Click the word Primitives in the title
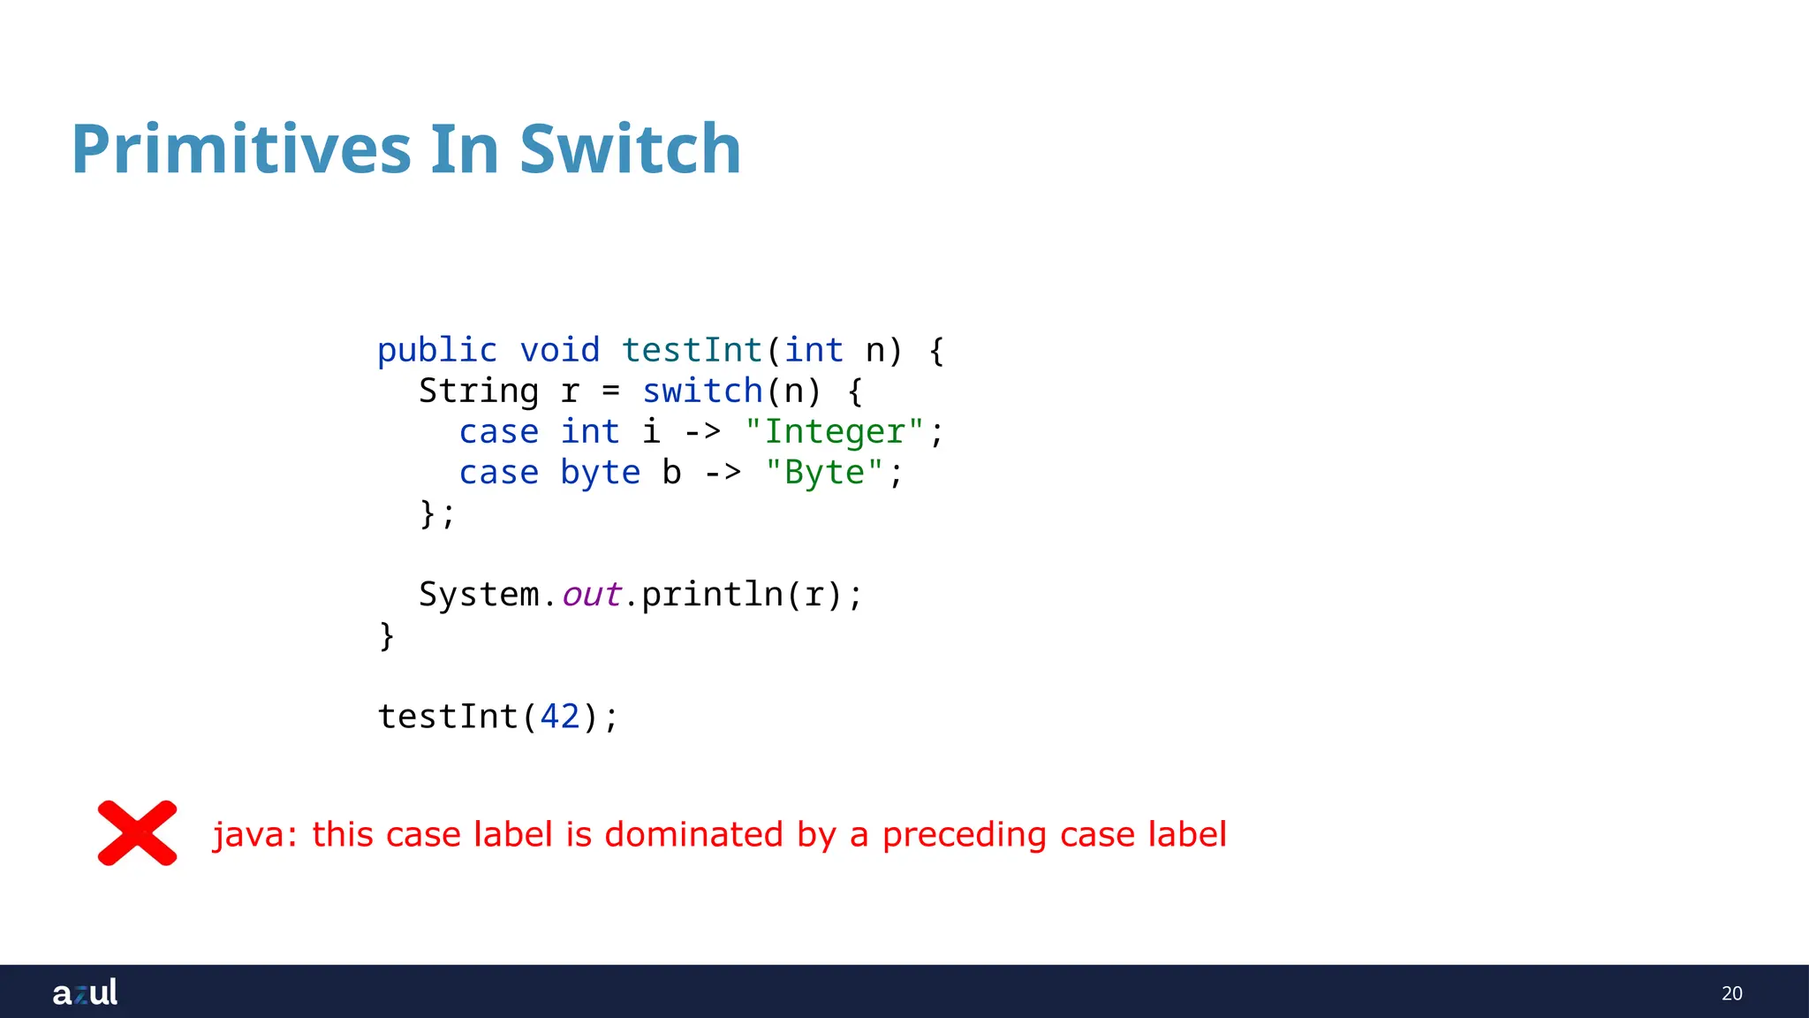point(241,149)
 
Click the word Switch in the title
point(630,149)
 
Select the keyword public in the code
point(437,351)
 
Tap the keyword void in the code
point(559,351)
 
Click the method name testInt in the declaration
point(692,351)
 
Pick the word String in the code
point(478,391)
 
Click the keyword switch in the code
point(702,391)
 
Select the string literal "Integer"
point(834,432)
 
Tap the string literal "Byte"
point(824,473)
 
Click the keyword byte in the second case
point(600,473)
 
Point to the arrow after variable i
point(702,432)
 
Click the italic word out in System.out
point(591,595)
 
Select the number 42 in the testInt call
point(560,717)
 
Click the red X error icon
point(137,833)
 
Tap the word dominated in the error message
point(693,835)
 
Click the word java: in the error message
point(255,835)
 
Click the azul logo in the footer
point(85,992)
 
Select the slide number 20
point(1731,993)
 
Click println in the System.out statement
point(712,595)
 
